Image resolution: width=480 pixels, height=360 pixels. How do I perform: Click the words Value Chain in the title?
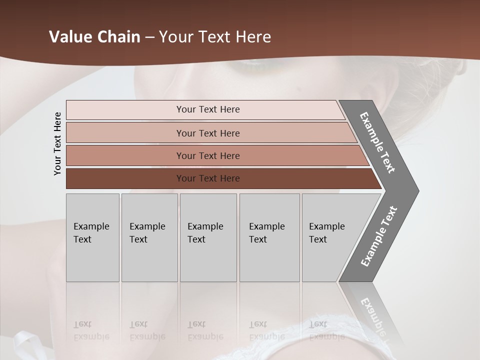[x=94, y=37]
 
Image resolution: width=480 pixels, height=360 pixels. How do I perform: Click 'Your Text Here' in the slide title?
[x=215, y=37]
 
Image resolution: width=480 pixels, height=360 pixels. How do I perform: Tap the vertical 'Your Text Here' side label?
[x=57, y=143]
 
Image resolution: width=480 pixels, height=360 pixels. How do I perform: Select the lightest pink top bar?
[x=125, y=110]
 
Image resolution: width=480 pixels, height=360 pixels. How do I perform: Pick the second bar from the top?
[x=125, y=133]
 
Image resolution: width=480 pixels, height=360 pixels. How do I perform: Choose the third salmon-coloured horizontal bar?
[x=125, y=155]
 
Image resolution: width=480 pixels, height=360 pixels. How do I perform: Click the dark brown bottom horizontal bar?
[x=125, y=178]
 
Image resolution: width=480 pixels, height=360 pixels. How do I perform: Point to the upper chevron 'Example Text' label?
[x=377, y=142]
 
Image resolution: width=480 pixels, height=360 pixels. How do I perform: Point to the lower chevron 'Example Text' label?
[x=379, y=236]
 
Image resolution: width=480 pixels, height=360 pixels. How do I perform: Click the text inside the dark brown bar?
[x=208, y=178]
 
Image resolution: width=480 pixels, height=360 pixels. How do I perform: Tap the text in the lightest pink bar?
[x=208, y=109]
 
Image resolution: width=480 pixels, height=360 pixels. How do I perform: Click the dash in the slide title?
[x=149, y=37]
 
